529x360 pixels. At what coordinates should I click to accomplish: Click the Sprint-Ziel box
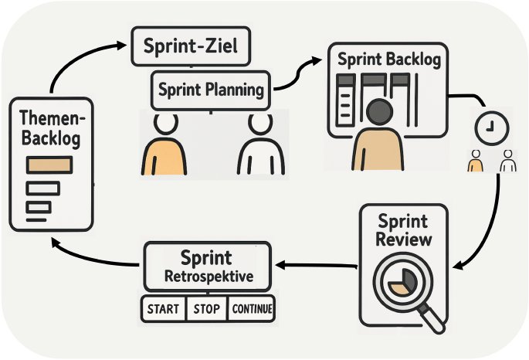tap(192, 48)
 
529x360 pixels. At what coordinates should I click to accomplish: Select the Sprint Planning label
tap(211, 90)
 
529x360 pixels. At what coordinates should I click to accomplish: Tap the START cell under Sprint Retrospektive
tap(163, 309)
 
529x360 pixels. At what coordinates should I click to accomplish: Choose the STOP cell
tap(207, 309)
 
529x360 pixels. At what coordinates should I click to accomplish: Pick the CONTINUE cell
tap(252, 309)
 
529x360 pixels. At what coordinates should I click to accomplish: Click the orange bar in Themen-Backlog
tap(49, 165)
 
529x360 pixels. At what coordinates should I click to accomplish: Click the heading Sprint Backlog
tap(378, 59)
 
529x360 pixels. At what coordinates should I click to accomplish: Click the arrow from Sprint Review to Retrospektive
tap(317, 265)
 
